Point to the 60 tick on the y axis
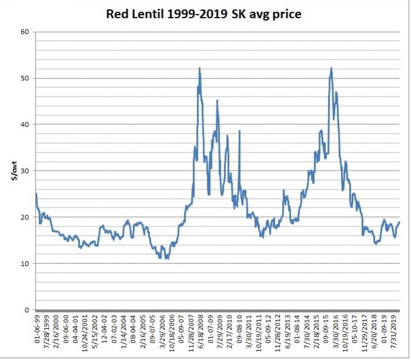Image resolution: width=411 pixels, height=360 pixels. [x=25, y=32]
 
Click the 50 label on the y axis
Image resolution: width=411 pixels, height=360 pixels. [x=25, y=78]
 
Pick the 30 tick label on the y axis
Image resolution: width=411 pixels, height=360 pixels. [x=25, y=171]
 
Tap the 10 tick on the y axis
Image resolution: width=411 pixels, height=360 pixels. [x=25, y=264]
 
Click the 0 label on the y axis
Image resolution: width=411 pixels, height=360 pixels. [x=27, y=310]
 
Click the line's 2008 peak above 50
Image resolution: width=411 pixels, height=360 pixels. [x=200, y=68]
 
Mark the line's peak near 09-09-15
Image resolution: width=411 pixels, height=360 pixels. [x=332, y=68]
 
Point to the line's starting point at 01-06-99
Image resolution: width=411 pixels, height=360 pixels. [x=36, y=194]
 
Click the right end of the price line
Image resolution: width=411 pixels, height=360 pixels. [x=400, y=222]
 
